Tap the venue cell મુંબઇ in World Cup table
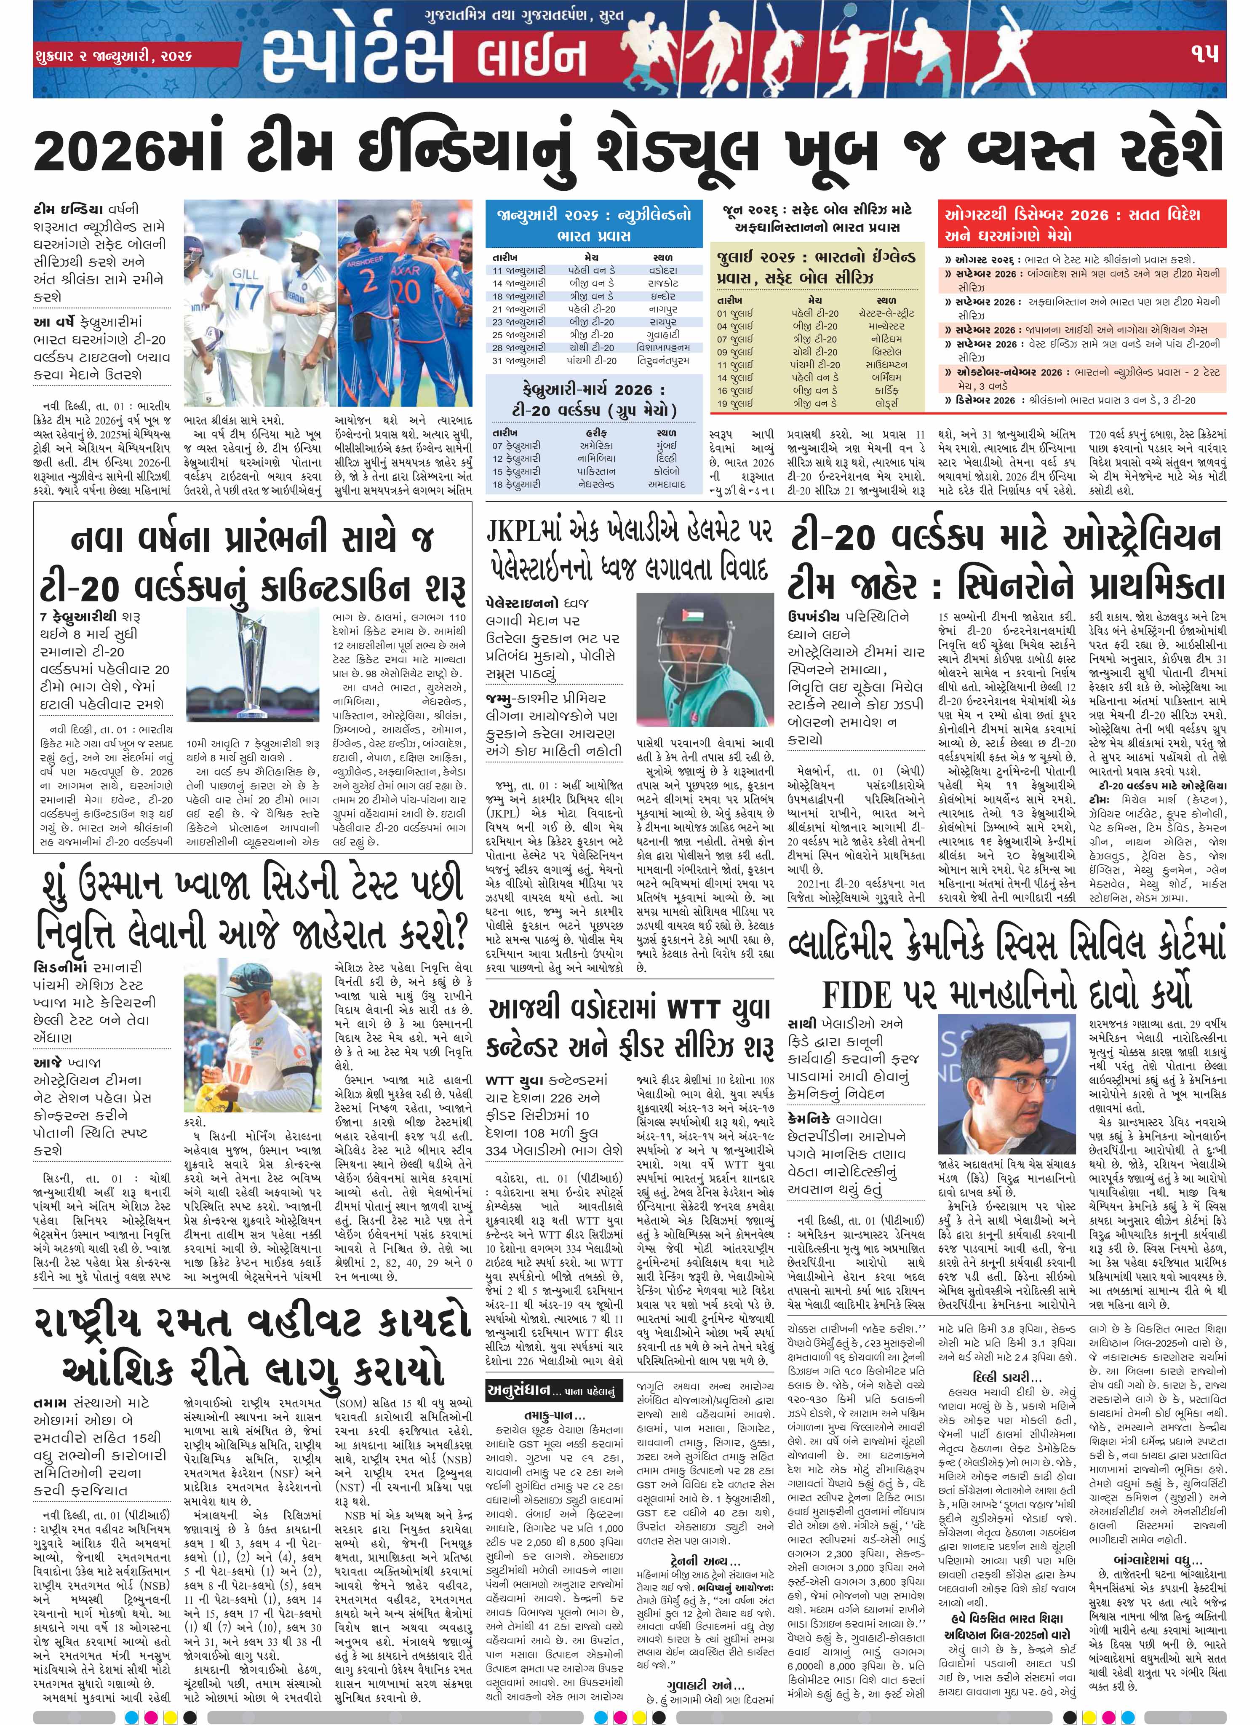click(666, 445)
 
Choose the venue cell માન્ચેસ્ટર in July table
click(887, 326)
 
